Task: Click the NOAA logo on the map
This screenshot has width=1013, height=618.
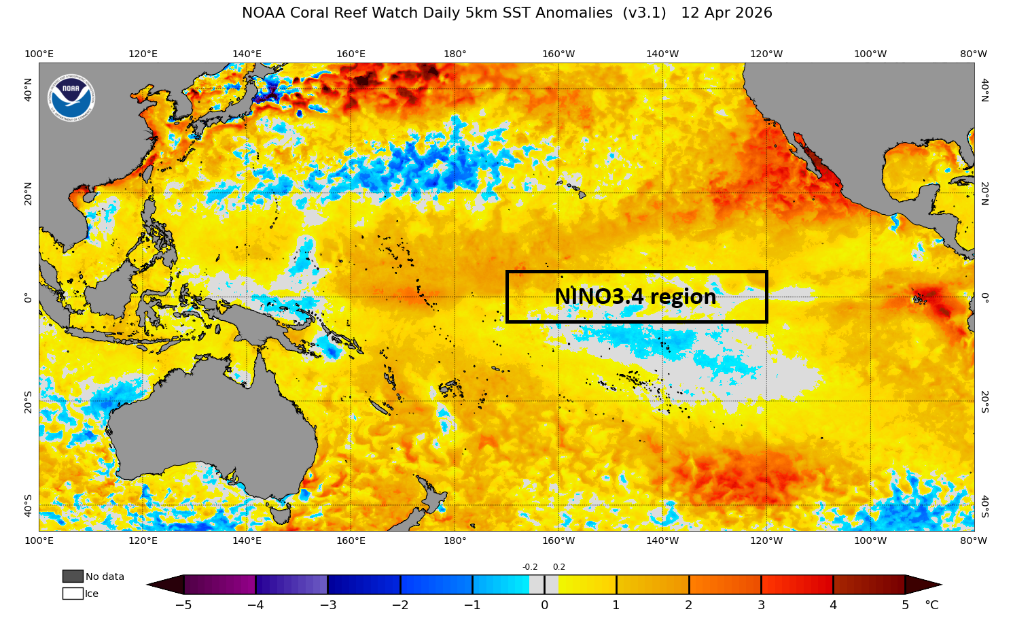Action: (71, 98)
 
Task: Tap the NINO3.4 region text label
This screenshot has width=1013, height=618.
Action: (635, 297)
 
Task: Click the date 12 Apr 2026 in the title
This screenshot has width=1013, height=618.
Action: (726, 13)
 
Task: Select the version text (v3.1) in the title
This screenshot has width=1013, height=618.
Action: (644, 13)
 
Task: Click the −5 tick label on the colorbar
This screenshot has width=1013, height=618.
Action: (184, 605)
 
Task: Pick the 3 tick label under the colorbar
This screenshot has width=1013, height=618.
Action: (761, 605)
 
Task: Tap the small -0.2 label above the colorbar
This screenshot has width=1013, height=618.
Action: (530, 567)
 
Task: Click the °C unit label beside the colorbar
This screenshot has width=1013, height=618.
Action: (931, 605)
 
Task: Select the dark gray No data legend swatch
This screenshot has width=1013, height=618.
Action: (73, 577)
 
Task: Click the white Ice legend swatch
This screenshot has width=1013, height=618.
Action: (73, 594)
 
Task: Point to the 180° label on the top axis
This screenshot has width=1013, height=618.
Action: (455, 54)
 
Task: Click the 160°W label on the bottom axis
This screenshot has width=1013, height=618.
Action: (558, 540)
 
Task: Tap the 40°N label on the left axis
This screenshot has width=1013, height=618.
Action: (28, 89)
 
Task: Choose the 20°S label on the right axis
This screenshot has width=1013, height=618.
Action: (984, 401)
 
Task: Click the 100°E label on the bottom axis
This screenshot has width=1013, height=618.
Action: (39, 540)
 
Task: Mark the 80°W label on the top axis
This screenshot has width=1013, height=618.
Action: (973, 54)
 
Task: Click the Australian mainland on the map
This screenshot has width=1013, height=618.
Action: (211, 422)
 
